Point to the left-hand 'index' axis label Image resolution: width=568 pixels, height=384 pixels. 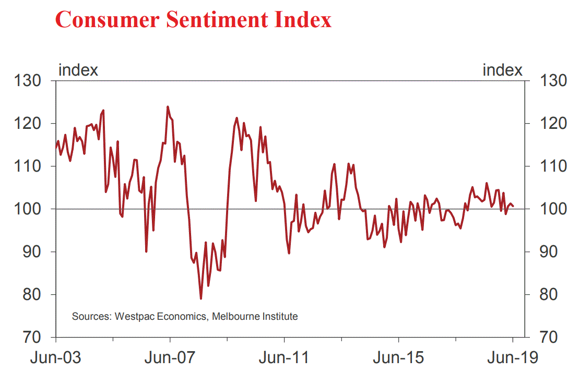tap(78, 70)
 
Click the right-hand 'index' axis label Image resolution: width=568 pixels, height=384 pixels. tap(502, 70)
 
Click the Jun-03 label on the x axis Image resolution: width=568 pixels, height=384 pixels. tap(56, 358)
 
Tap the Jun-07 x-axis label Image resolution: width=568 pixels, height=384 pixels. tap(170, 358)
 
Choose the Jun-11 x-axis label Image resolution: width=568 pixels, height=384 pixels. tap(285, 358)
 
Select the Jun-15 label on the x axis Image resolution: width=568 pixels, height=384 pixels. tap(399, 358)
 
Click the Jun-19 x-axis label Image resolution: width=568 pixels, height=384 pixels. tap(513, 358)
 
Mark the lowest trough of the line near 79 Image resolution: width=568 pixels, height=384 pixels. tap(201, 298)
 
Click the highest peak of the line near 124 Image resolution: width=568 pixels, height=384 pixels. tap(168, 107)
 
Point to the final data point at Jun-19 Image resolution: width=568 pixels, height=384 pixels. tap(513, 206)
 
